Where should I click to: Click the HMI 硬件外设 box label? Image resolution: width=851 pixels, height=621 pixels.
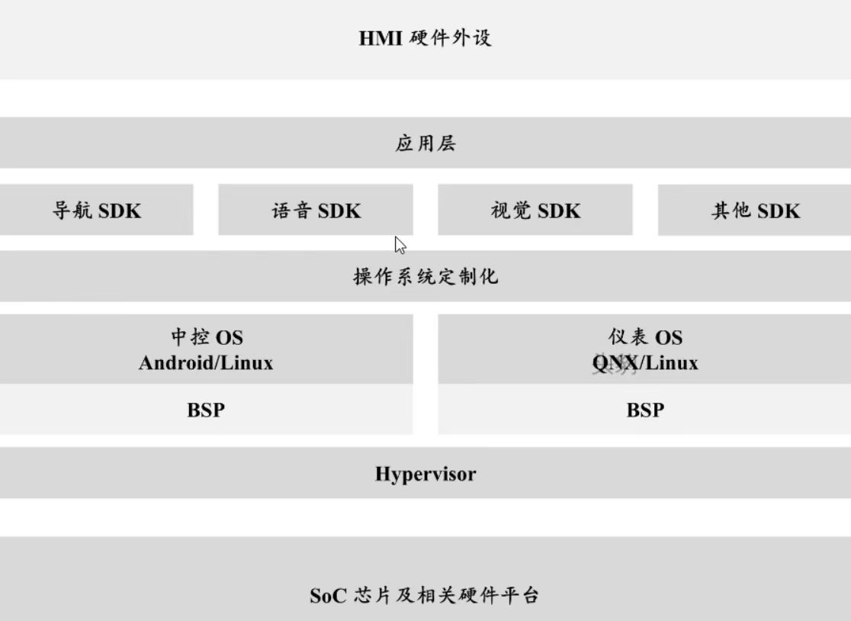pyautogui.click(x=425, y=37)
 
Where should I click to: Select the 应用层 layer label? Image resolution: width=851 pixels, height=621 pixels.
pyautogui.click(x=425, y=143)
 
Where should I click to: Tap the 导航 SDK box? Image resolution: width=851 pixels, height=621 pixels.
pyautogui.click(x=96, y=211)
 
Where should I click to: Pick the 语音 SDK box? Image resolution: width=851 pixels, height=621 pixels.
pyautogui.click(x=316, y=211)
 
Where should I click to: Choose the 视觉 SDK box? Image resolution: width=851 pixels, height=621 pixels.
pyautogui.click(x=535, y=211)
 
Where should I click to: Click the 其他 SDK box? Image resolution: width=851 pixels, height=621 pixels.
pyautogui.click(x=755, y=211)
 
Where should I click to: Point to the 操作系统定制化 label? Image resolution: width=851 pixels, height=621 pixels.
pyautogui.click(x=425, y=276)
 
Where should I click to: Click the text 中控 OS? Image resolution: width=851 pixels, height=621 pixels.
pyautogui.click(x=206, y=337)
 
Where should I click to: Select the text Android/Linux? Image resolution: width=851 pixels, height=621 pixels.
pyautogui.click(x=206, y=362)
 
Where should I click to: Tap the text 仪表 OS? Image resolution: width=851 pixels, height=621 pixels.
pyautogui.click(x=645, y=337)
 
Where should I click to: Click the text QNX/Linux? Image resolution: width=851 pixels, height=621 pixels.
pyautogui.click(x=645, y=362)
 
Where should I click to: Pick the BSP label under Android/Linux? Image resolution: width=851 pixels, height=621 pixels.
pyautogui.click(x=206, y=410)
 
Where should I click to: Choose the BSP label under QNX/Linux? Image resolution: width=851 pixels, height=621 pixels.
pyautogui.click(x=645, y=410)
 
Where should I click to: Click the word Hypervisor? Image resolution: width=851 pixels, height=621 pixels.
pyautogui.click(x=425, y=474)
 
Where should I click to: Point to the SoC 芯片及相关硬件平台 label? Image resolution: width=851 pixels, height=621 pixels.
pyautogui.click(x=425, y=595)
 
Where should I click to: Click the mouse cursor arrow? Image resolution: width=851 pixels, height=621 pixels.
pyautogui.click(x=400, y=244)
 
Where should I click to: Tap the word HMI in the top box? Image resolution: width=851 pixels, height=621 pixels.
pyautogui.click(x=381, y=38)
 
